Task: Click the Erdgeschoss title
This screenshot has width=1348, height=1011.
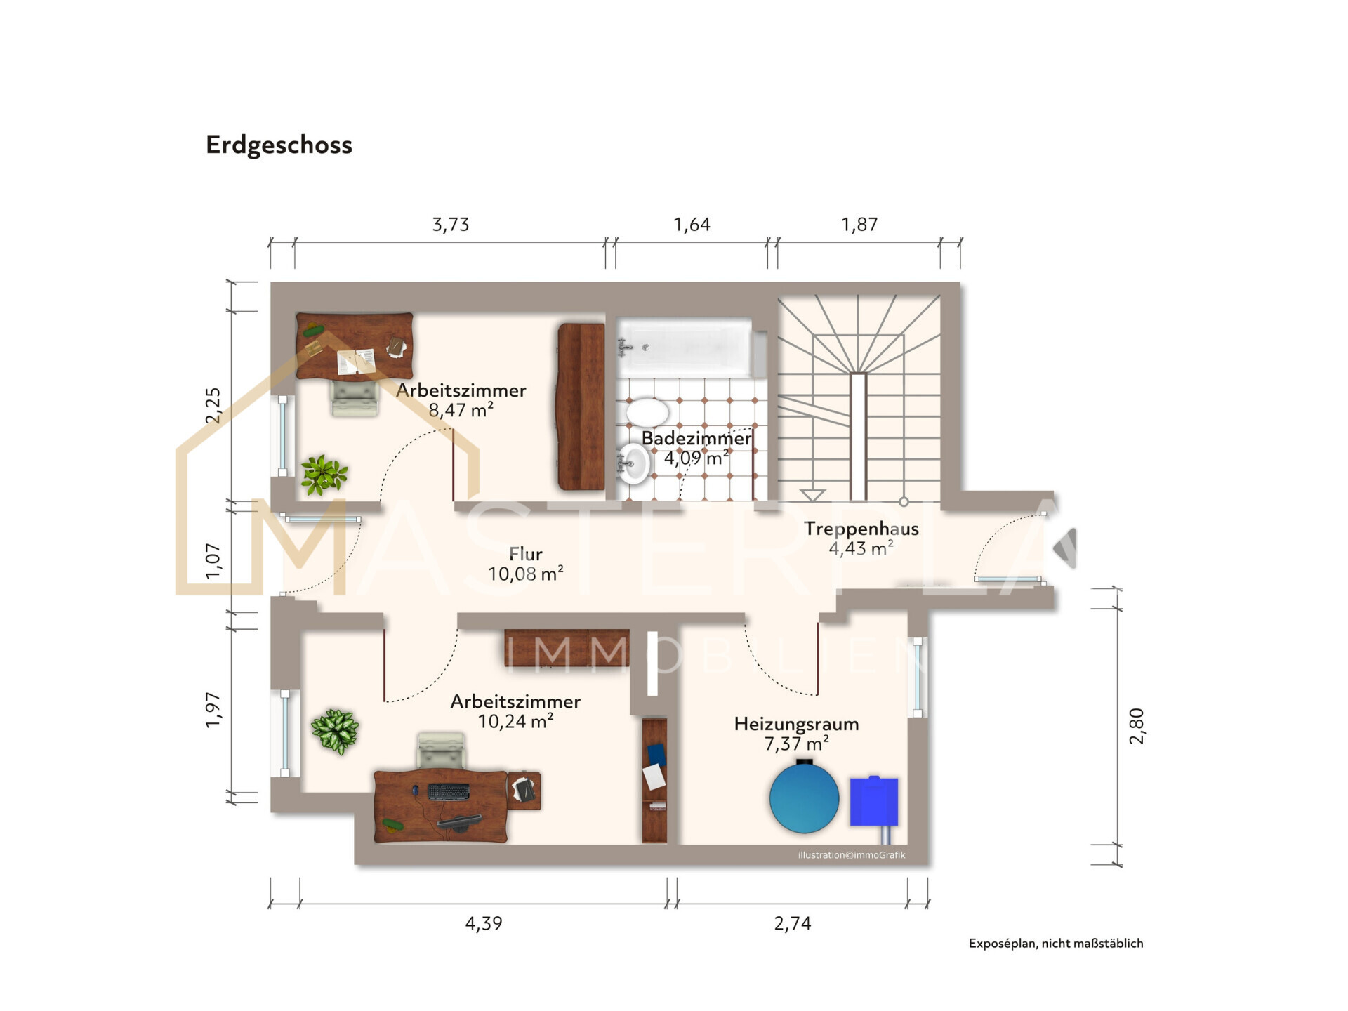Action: pyautogui.click(x=279, y=145)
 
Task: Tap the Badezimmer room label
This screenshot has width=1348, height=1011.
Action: pyautogui.click(x=696, y=438)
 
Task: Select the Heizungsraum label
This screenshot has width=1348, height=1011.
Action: pyautogui.click(x=796, y=724)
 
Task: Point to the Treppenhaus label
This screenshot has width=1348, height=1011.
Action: pyautogui.click(x=861, y=529)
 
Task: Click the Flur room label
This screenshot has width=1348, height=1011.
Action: pyautogui.click(x=525, y=554)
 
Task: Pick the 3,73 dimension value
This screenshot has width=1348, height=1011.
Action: pyautogui.click(x=450, y=225)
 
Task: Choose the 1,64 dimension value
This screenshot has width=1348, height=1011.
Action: pyautogui.click(x=692, y=225)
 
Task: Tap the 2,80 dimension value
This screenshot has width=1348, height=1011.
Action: pyautogui.click(x=1137, y=726)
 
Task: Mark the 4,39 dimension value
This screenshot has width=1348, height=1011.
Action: pyautogui.click(x=484, y=923)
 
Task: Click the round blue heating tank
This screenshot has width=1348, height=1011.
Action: pyautogui.click(x=804, y=797)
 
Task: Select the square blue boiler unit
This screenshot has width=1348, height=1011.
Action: pyautogui.click(x=874, y=801)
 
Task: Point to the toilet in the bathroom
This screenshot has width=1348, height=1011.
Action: pyautogui.click(x=647, y=412)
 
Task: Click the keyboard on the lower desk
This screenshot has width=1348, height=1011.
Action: pyautogui.click(x=449, y=791)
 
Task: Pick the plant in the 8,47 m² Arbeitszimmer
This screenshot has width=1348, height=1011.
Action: pyautogui.click(x=323, y=475)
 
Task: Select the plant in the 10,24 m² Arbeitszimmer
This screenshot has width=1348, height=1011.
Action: pyautogui.click(x=335, y=731)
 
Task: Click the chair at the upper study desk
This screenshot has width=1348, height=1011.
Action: pyautogui.click(x=355, y=398)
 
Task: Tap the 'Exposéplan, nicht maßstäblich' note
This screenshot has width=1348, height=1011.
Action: pyautogui.click(x=1056, y=944)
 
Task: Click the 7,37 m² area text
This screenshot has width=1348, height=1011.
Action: pyautogui.click(x=796, y=744)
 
